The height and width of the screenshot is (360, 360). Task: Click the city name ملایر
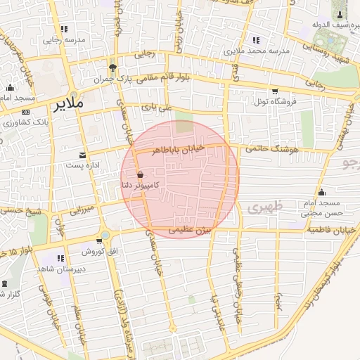68,104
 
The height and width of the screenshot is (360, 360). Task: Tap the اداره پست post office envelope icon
84,154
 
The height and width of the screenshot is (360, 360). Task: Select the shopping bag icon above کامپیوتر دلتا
141,174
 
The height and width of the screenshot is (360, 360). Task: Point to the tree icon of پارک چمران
112,68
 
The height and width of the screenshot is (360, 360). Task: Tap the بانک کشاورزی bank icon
25,112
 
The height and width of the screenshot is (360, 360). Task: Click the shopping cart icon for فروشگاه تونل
274,91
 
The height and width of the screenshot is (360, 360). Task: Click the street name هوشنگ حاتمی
274,148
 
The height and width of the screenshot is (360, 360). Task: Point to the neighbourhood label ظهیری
264,207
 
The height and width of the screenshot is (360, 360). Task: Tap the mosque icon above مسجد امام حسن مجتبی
322,192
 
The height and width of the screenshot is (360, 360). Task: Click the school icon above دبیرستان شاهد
60,259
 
